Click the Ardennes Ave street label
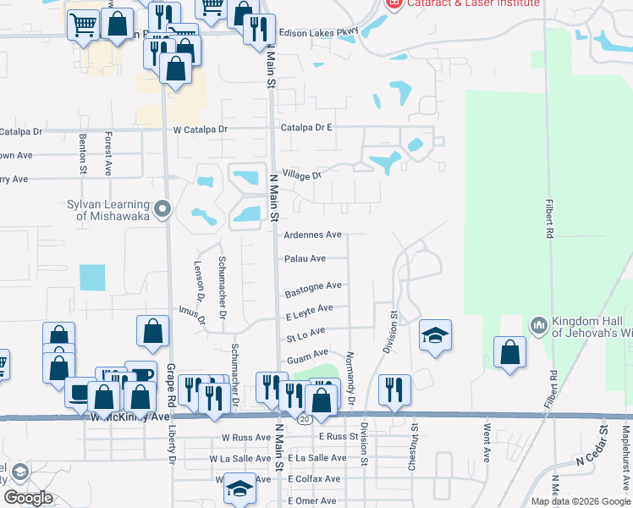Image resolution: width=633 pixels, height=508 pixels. [x=312, y=235]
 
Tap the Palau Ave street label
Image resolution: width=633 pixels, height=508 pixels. [x=305, y=259]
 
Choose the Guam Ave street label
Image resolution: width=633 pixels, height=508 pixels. [x=307, y=357]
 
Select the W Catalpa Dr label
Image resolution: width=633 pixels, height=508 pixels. [x=201, y=130]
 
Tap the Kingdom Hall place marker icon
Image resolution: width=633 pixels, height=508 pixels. [x=539, y=326]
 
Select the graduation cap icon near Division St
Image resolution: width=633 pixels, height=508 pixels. [x=435, y=335]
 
